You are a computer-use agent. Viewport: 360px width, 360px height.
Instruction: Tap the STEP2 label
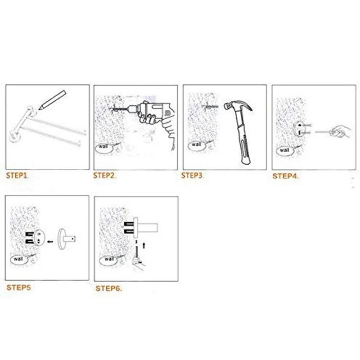point(104,175)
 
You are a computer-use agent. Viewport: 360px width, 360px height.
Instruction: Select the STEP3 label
point(192,175)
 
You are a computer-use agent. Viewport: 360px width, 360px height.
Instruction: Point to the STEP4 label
point(285,176)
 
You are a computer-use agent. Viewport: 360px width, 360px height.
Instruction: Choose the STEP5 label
point(19,287)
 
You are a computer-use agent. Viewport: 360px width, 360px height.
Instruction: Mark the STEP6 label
point(108,288)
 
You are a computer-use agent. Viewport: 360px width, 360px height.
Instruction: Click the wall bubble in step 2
point(104,147)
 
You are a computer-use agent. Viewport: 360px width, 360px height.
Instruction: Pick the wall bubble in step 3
point(197,145)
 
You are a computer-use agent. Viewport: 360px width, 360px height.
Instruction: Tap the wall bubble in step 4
point(284,151)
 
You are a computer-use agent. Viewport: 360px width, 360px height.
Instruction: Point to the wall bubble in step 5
point(19,260)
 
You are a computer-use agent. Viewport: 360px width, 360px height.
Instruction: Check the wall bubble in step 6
point(109,259)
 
